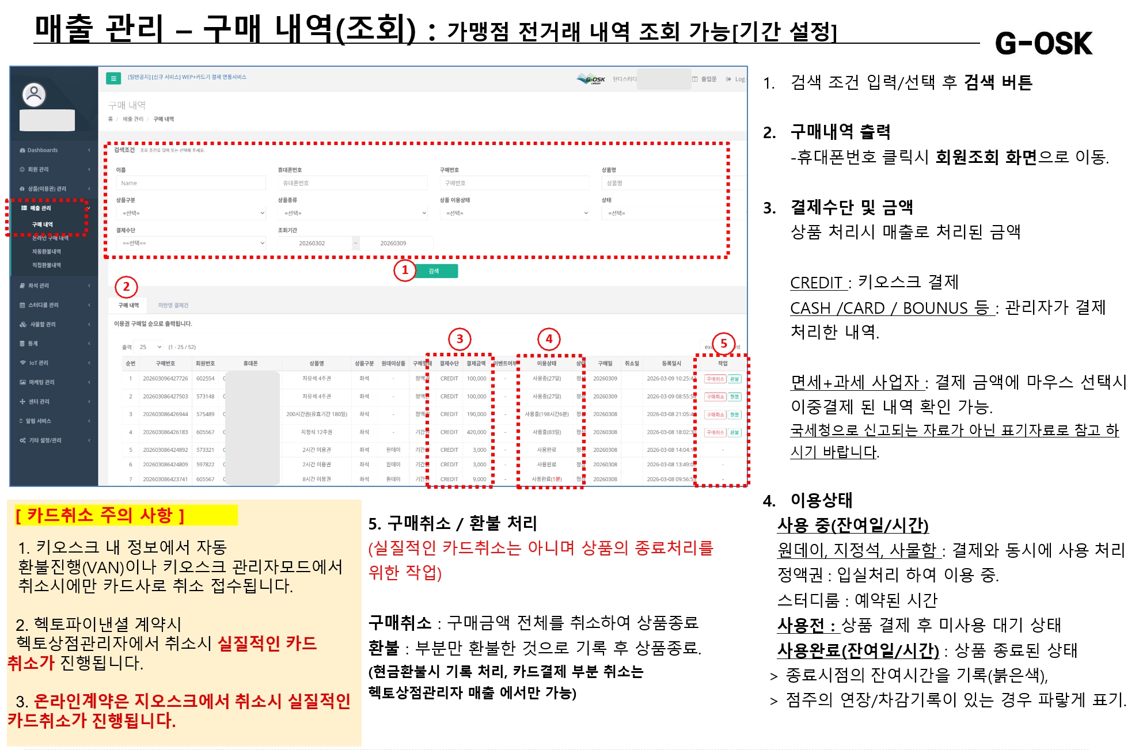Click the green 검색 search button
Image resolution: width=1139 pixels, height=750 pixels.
[435, 271]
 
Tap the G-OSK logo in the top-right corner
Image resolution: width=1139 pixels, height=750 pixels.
[1043, 43]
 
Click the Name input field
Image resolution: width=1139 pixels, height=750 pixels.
[191, 183]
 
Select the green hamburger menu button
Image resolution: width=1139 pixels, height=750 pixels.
[113, 78]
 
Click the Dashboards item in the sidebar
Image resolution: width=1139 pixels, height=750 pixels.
[43, 150]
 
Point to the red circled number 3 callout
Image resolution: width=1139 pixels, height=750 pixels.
[460, 339]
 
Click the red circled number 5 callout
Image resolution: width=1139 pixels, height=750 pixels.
[723, 343]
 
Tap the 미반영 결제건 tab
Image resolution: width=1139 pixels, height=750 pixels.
[173, 305]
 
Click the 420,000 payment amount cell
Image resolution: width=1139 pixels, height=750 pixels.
[476, 432]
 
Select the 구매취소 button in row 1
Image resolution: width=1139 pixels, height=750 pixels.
[715, 379]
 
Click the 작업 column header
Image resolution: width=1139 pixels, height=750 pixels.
[722, 363]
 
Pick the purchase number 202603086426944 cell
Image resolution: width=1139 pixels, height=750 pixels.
[165, 414]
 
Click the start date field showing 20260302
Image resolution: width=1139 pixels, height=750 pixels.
[312, 243]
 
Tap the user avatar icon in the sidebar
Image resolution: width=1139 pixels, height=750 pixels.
[34, 94]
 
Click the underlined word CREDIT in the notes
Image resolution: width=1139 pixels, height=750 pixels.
[816, 283]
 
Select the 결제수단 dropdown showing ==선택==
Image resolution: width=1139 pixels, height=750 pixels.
[191, 243]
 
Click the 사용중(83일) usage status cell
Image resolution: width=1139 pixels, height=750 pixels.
[546, 432]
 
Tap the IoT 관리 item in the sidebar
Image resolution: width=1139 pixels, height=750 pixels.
[39, 363]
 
